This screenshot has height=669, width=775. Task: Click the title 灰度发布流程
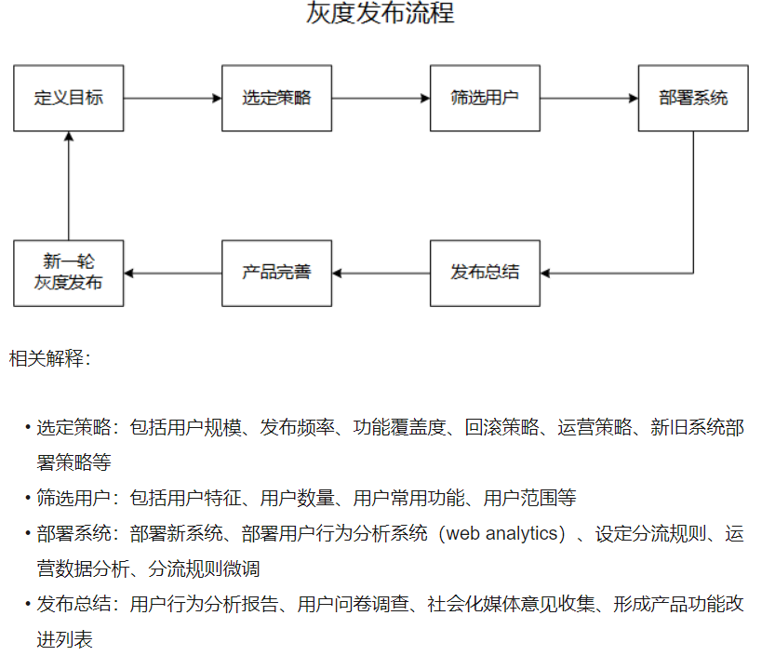tap(381, 15)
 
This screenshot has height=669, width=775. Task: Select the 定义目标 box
tap(69, 98)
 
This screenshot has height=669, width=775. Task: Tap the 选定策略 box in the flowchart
tap(276, 98)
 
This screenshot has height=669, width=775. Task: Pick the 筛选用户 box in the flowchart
tap(485, 98)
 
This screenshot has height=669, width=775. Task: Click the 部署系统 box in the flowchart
tap(693, 98)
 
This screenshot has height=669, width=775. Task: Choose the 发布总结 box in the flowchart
tap(485, 273)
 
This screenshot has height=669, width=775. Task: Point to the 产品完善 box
tap(276, 273)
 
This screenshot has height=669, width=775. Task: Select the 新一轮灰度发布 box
tap(69, 273)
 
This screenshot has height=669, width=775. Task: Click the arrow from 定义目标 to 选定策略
tap(172, 98)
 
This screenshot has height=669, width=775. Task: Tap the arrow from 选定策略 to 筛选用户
tap(381, 98)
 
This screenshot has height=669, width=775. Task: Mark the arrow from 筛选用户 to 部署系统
tap(589, 98)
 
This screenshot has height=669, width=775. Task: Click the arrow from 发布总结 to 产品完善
tap(381, 273)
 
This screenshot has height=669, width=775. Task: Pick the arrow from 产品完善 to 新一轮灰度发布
tap(172, 273)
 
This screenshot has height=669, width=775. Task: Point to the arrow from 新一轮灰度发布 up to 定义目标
tap(69, 186)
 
